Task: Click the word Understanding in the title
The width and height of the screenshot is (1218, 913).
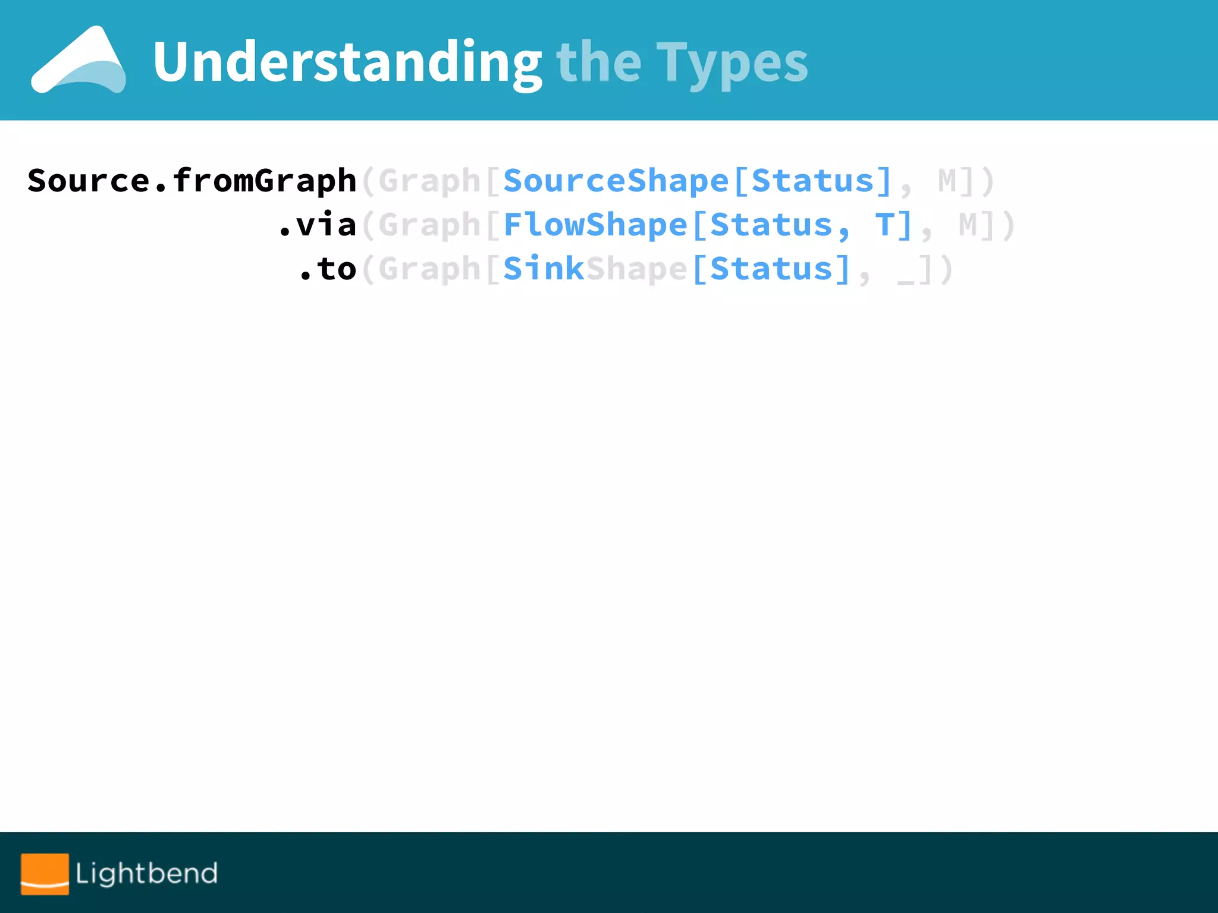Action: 347,62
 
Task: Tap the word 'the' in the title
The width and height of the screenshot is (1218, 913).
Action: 598,62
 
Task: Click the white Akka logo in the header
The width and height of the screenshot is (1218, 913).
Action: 79,60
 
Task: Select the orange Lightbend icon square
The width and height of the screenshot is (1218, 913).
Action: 45,873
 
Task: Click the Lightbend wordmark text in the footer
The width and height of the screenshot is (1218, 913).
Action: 146,873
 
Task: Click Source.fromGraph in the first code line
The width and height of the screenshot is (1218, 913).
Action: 192,181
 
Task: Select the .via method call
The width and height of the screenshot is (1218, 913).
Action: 318,225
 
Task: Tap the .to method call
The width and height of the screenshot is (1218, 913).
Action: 328,269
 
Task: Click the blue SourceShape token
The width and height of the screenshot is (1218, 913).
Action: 616,181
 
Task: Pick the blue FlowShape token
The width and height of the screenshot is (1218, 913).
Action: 595,225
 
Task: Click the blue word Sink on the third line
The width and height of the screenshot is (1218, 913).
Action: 544,269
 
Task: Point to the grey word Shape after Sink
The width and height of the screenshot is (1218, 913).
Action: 636,269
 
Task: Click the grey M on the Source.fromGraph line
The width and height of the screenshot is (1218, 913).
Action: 947,181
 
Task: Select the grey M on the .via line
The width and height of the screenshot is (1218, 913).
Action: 968,225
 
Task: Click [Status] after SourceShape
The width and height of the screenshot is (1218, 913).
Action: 812,181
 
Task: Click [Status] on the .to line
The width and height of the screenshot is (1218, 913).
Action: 771,269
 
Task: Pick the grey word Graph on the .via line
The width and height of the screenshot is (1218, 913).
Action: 429,225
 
